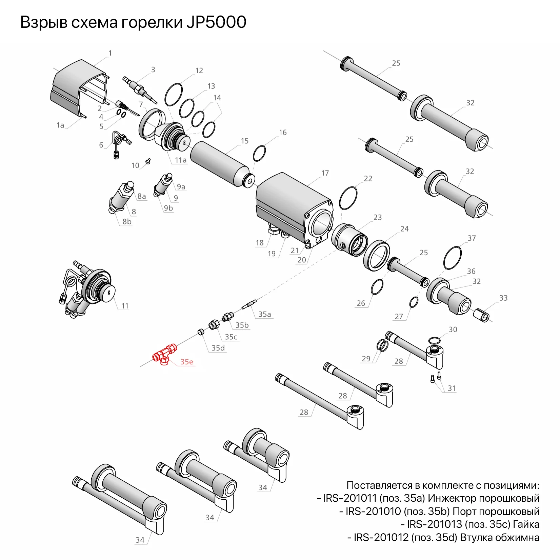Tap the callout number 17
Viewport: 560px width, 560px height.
point(325,173)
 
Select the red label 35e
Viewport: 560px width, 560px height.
point(187,362)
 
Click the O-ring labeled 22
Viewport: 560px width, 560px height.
point(348,198)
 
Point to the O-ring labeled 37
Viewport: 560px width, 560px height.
point(453,258)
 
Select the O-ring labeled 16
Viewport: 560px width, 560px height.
point(259,154)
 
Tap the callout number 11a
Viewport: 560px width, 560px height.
point(181,160)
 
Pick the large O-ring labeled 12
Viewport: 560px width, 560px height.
point(174,94)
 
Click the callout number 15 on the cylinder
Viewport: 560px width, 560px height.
point(245,141)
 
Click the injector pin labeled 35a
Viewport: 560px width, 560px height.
point(250,303)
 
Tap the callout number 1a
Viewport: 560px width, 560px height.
point(60,125)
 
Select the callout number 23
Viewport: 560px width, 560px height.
point(378,217)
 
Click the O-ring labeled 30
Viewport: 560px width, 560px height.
point(434,340)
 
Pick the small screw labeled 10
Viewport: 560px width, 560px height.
point(148,161)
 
